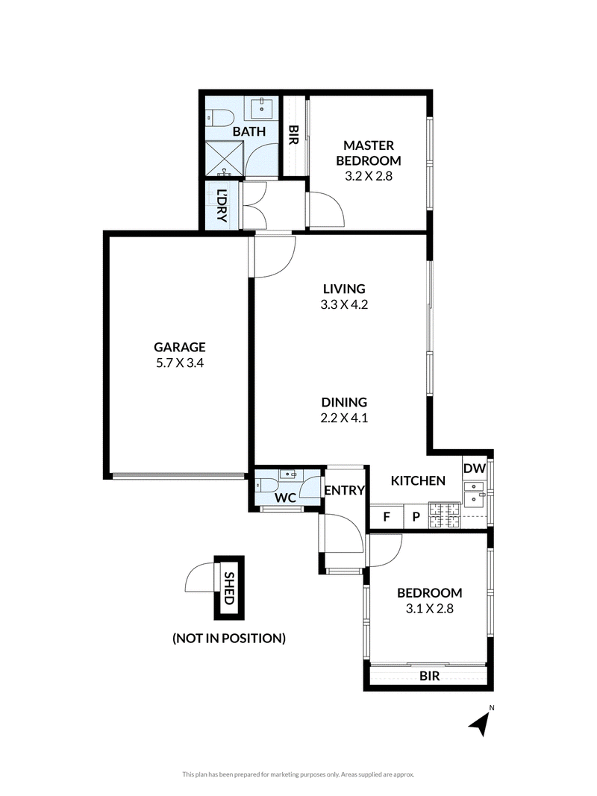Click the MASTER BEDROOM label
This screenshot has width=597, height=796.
369,153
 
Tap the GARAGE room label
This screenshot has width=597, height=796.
180,347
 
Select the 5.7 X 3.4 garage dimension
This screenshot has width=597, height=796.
180,363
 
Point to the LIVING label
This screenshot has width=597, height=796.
344,289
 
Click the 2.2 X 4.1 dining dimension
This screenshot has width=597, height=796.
344,418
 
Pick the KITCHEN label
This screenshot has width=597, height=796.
418,480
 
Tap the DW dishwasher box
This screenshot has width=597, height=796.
475,468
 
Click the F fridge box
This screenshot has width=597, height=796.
387,517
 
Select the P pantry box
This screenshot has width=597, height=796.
416,517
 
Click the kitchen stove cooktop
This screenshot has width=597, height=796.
445,515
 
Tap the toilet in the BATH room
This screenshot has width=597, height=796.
219,117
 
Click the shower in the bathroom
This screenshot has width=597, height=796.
225,158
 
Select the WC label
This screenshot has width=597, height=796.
285,498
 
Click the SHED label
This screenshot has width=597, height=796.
229,588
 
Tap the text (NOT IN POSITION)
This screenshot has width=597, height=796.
229,638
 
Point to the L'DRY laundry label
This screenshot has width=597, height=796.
222,205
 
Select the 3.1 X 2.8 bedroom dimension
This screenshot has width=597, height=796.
430,608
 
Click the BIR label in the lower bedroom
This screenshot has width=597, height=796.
430,676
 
